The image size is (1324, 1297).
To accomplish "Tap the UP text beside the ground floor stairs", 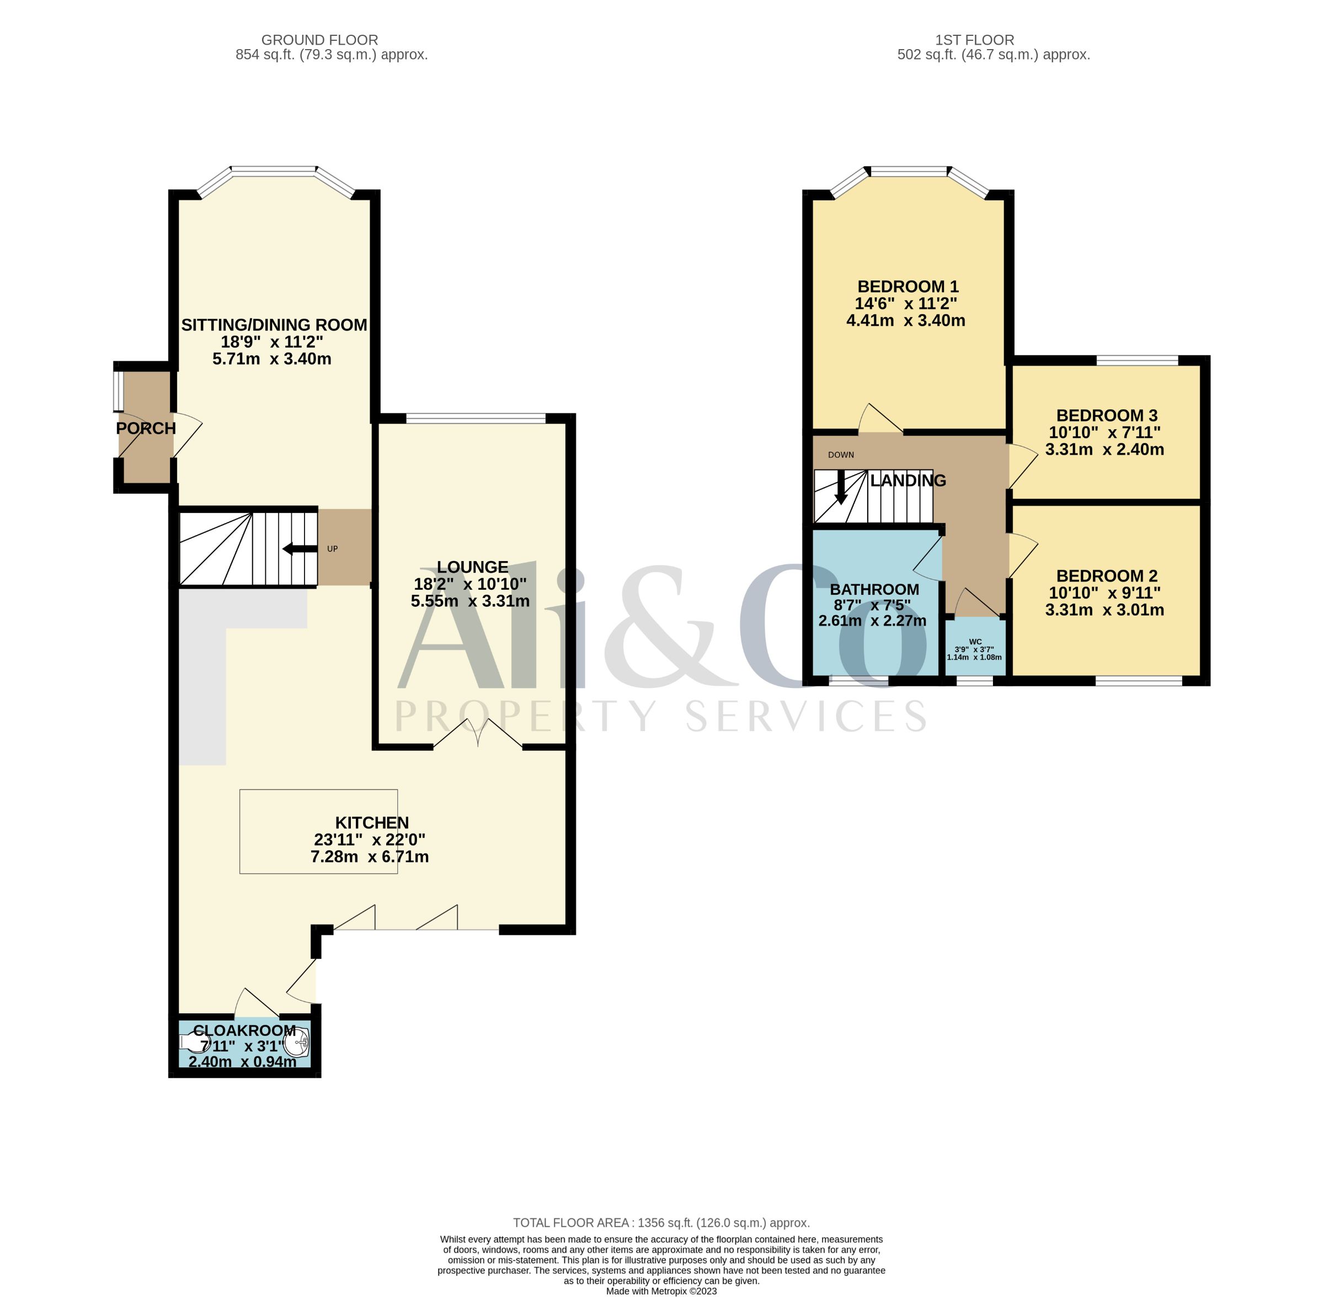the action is click(x=332, y=548).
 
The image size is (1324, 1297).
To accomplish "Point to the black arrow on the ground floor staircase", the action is click(x=300, y=548).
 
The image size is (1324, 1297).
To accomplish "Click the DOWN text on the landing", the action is click(x=841, y=455).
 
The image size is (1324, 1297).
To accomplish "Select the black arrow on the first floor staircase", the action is click(x=841, y=487).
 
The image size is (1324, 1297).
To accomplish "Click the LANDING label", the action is click(x=908, y=481).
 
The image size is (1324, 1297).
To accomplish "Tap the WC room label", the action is click(x=975, y=642).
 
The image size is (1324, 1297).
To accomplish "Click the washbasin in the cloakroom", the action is click(x=300, y=1042).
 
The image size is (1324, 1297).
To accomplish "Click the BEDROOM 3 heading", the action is click(x=1107, y=415).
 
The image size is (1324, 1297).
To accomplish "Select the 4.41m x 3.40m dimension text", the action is click(x=905, y=320).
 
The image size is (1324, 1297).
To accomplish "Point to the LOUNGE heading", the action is click(x=473, y=567).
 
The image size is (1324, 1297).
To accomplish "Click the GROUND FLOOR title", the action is click(x=319, y=40).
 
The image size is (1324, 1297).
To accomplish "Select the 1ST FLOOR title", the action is click(x=975, y=40).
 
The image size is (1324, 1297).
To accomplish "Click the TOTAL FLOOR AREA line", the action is click(x=661, y=1223).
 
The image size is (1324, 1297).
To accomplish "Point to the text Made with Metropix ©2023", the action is click(x=661, y=1291).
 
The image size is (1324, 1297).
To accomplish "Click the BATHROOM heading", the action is click(x=874, y=589).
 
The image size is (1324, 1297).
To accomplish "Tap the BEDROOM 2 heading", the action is click(x=1107, y=575).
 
